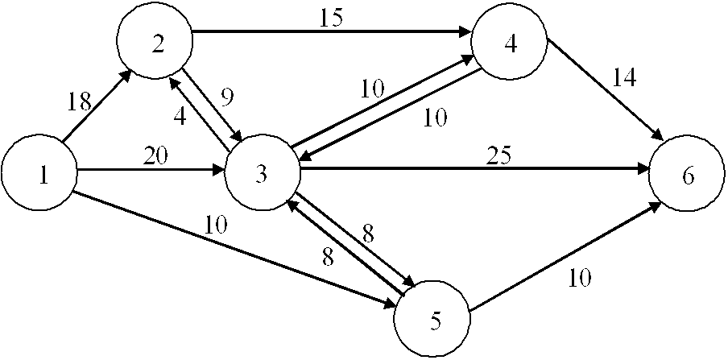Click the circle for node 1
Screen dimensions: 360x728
coord(39,175)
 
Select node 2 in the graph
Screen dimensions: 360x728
coord(155,44)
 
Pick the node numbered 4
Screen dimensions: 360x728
coord(509,44)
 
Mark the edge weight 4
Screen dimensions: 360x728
coord(180,115)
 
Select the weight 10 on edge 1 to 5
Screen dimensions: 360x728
coord(215,226)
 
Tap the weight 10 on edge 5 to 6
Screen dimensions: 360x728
coord(579,278)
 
